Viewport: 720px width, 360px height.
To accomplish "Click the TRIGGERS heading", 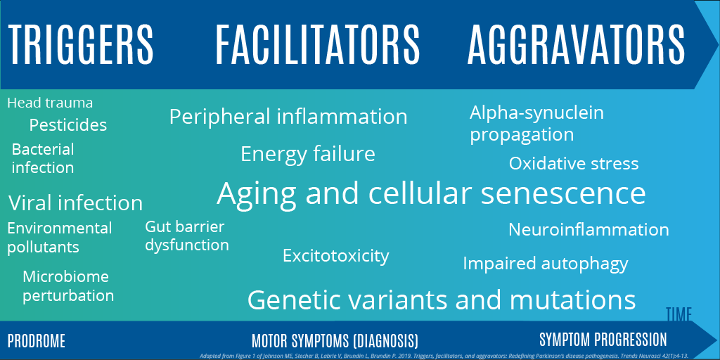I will [x=81, y=44].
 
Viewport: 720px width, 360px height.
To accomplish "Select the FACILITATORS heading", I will [x=317, y=44].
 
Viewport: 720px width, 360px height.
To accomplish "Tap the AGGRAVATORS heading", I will [x=576, y=44].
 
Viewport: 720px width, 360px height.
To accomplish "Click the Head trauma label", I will [x=50, y=103].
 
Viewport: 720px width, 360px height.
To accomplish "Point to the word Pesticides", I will [x=68, y=125].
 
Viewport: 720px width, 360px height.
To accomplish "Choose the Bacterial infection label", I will [x=43, y=158].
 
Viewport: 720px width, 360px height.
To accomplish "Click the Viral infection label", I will [x=75, y=203].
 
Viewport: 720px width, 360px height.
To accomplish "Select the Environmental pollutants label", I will [x=59, y=238].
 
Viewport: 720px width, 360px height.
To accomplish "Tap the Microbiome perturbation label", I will [x=68, y=286].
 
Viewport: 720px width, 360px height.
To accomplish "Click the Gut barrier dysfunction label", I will [x=187, y=236].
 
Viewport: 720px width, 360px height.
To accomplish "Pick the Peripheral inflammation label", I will [x=288, y=116].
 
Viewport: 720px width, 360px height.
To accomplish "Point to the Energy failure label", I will [x=308, y=153].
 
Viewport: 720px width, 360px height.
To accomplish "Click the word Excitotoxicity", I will [x=335, y=255].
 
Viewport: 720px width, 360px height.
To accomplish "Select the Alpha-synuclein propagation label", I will [x=536, y=123].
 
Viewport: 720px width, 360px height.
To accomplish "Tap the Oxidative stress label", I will [x=574, y=164].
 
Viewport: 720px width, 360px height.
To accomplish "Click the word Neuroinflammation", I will [x=589, y=229].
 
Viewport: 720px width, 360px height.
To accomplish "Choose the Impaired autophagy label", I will [x=545, y=264].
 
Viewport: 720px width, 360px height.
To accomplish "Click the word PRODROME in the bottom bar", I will [x=37, y=342].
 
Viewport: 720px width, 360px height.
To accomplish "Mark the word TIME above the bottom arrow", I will [x=679, y=314].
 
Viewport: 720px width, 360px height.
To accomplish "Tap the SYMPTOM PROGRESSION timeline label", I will [x=603, y=340].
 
